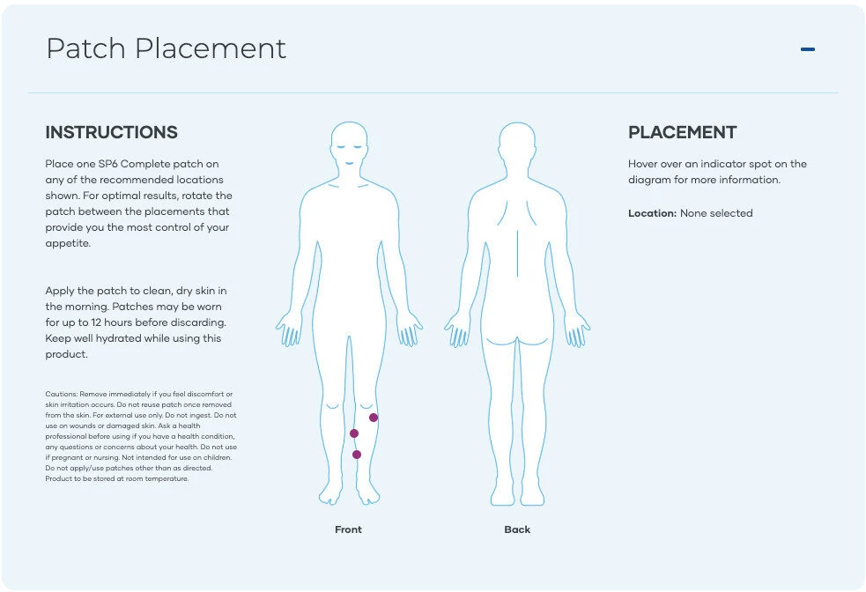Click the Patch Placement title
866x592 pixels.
[166, 48]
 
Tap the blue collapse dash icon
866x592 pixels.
[808, 49]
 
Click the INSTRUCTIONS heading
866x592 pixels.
[112, 132]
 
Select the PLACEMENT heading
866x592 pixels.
[682, 132]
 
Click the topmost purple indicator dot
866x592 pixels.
[374, 418]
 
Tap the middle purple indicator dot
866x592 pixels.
[354, 433]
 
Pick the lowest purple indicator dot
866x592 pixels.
[357, 455]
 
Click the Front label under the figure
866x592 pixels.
[348, 529]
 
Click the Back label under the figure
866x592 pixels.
[517, 529]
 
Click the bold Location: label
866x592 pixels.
[652, 213]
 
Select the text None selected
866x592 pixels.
[716, 213]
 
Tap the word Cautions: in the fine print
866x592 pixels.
[62, 395]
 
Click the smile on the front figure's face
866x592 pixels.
[349, 162]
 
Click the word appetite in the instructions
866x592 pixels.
[67, 243]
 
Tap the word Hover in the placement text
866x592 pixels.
[642, 164]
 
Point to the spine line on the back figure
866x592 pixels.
[517, 254]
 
